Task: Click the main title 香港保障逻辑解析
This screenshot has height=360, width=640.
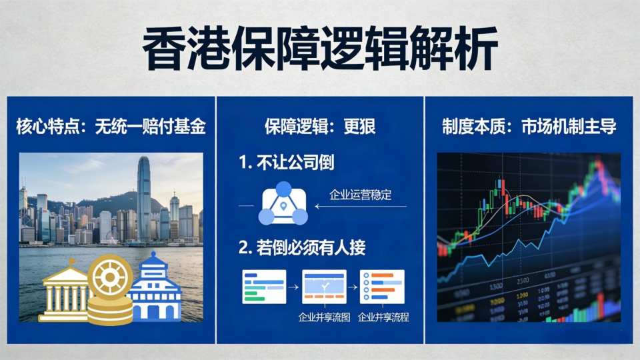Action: (x=320, y=48)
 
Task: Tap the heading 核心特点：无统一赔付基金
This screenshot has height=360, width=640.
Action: (x=111, y=126)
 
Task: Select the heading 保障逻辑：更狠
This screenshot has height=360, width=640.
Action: (x=320, y=126)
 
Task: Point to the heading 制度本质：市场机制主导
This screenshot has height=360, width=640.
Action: (x=529, y=126)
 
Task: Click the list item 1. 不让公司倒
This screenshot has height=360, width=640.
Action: (x=287, y=163)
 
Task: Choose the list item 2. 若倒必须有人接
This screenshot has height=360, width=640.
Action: (x=302, y=247)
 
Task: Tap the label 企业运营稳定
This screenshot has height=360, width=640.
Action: (x=361, y=195)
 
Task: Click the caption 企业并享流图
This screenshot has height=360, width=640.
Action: (x=324, y=317)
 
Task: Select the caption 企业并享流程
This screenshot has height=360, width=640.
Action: (x=383, y=317)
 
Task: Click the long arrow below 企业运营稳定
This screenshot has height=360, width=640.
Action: (x=361, y=207)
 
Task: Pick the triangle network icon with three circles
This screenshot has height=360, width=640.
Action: (x=283, y=204)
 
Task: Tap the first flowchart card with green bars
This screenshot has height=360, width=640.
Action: (x=264, y=287)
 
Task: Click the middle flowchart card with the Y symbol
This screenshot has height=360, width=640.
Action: (x=325, y=287)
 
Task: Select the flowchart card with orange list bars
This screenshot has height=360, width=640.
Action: (x=383, y=287)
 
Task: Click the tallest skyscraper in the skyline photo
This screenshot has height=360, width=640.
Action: (x=144, y=199)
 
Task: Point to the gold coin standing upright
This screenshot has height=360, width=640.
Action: (x=110, y=277)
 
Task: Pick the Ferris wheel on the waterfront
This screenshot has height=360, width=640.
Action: (x=112, y=237)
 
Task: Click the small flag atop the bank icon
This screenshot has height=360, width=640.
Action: (x=72, y=261)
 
